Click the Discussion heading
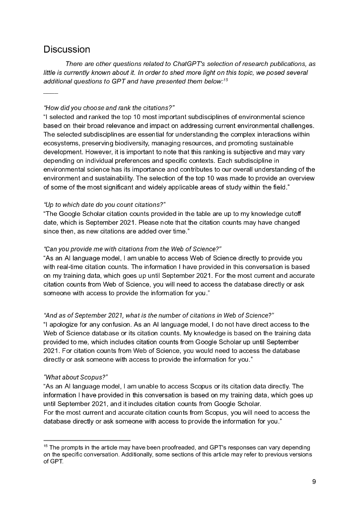coord(67,50)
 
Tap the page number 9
coord(314,481)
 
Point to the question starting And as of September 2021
coord(159,316)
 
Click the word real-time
coord(74,267)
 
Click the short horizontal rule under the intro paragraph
coord(51,93)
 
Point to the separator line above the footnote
coord(87,440)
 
